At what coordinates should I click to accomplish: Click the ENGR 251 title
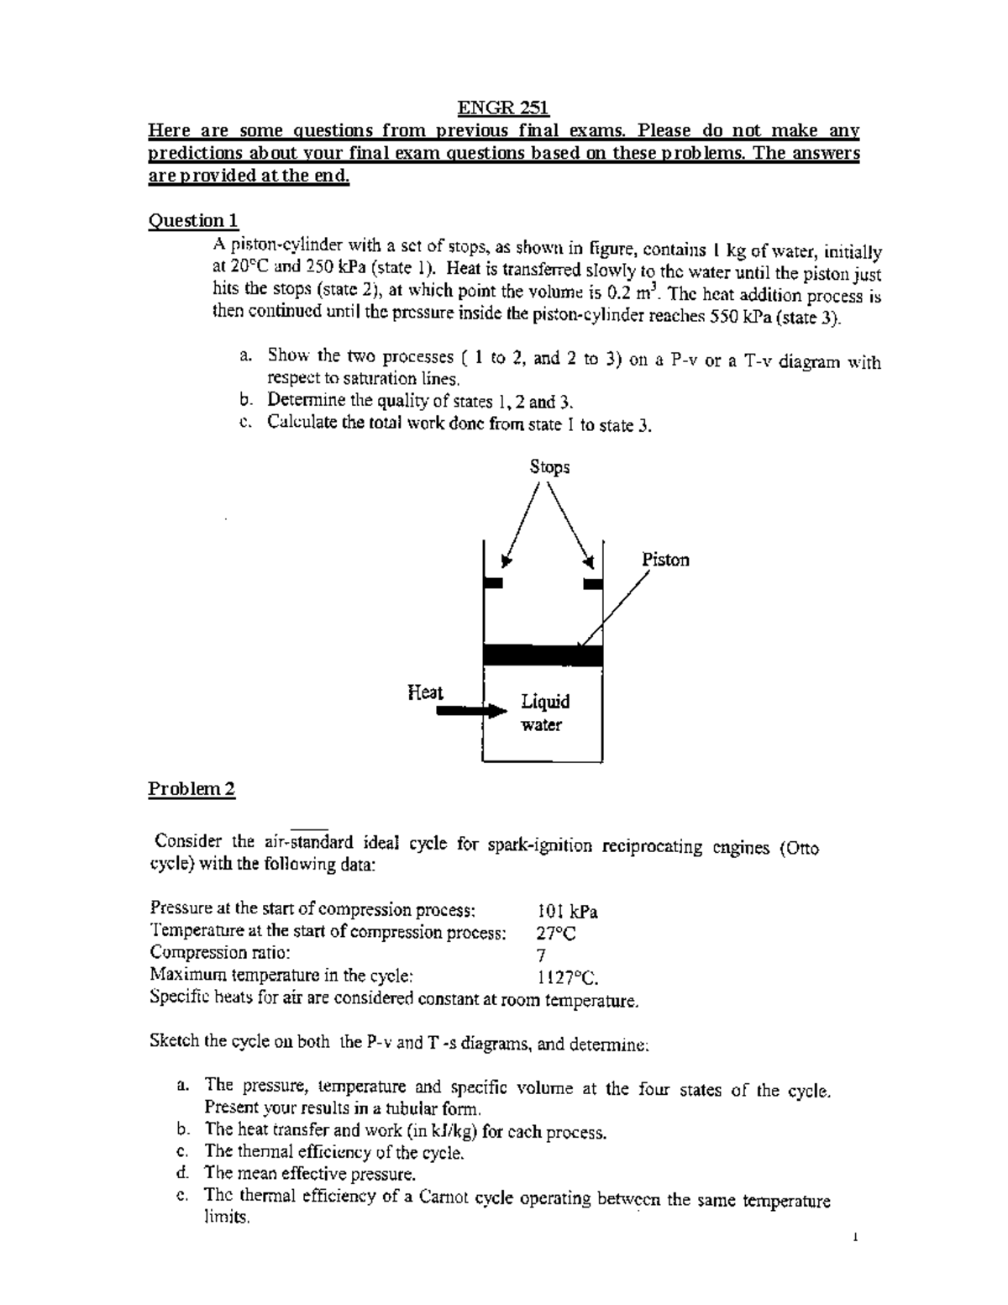[502, 108]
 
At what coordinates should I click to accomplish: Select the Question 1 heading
[193, 221]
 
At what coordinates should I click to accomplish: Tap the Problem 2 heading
[192, 789]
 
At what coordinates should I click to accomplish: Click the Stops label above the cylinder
[549, 467]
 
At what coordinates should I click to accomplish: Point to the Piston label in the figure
[665, 560]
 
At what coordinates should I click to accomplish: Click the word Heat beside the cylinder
[425, 692]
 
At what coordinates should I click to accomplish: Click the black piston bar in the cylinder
[543, 655]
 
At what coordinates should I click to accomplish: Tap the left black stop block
[493, 582]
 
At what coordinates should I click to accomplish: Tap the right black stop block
[593, 582]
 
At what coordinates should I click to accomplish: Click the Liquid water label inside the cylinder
[544, 713]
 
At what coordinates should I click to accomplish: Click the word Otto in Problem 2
[799, 848]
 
